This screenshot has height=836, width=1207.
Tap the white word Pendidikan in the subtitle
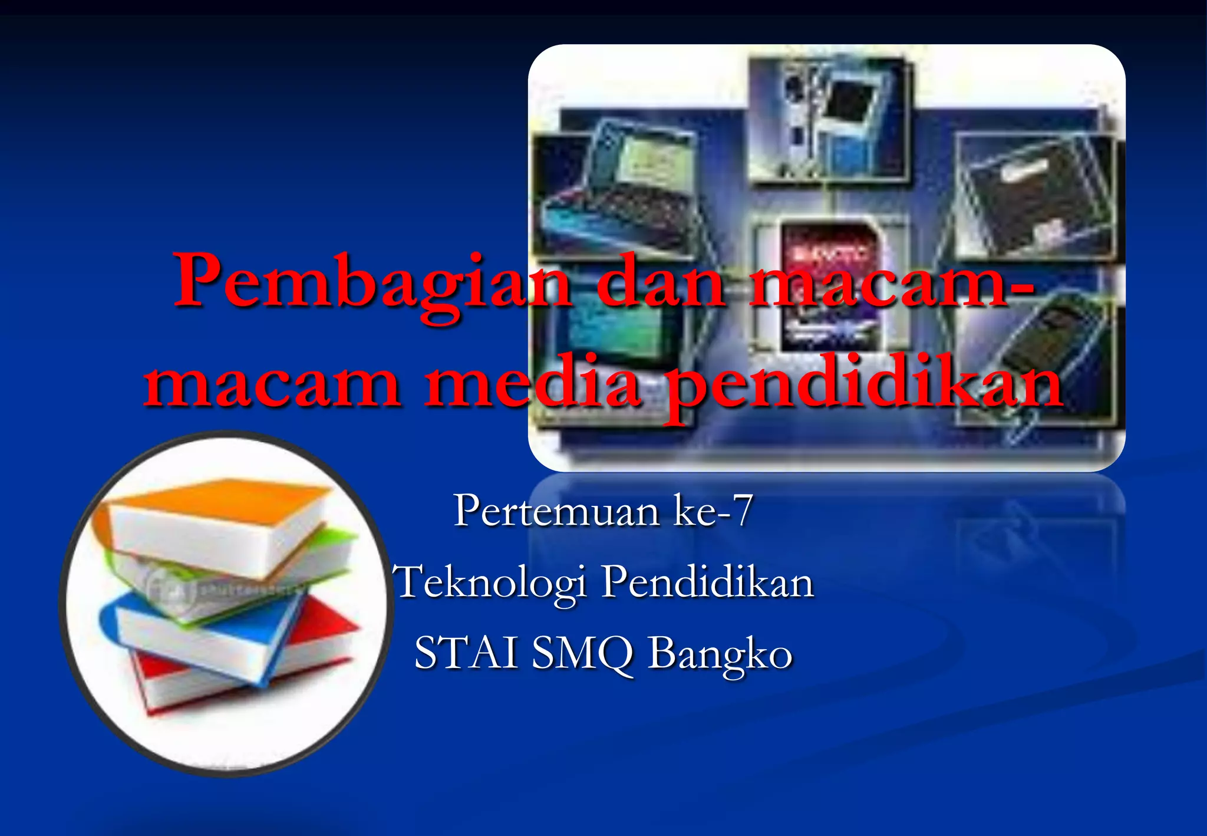point(707,582)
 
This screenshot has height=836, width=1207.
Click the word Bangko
point(720,654)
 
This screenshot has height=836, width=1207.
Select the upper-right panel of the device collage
point(1034,198)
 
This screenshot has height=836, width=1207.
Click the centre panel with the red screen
point(828,283)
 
